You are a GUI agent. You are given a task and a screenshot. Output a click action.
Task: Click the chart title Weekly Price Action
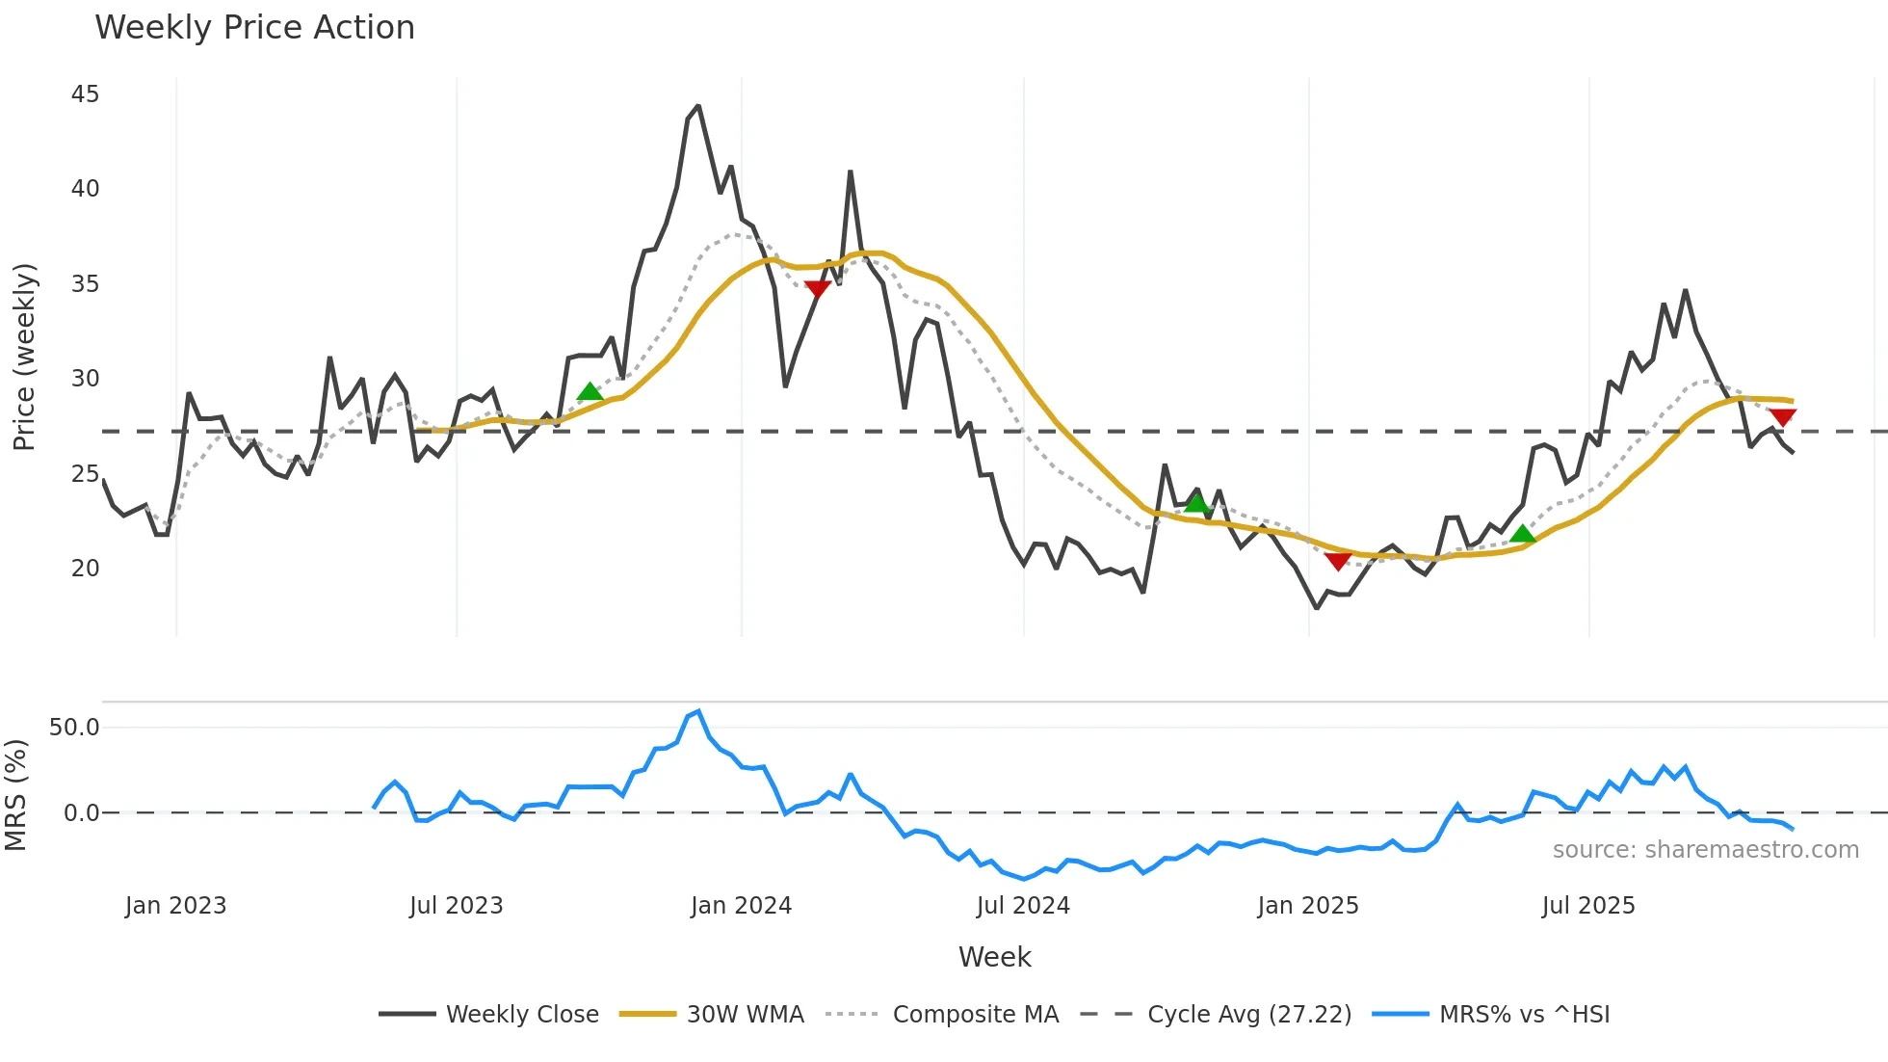pos(254,28)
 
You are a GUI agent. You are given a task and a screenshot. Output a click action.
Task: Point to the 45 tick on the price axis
pos(85,94)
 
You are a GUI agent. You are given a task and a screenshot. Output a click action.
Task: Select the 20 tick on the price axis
pos(85,569)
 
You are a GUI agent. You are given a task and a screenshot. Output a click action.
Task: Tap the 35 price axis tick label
pos(85,284)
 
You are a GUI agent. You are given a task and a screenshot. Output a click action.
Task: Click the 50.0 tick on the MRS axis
pos(74,728)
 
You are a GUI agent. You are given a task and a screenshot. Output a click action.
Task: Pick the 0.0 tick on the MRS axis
pos(81,813)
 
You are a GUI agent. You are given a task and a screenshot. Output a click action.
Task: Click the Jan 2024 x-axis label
pos(741,906)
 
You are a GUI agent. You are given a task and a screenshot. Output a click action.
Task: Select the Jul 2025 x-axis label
pos(1588,906)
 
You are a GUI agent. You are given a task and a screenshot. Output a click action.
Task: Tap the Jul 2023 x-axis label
pos(456,906)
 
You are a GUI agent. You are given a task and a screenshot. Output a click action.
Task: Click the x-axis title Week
pos(994,957)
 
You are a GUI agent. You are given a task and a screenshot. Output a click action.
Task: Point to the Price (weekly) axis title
pos(24,357)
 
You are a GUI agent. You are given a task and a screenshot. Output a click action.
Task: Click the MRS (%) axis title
pos(15,795)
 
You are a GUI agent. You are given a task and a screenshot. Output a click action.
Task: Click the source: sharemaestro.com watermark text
pos(1705,850)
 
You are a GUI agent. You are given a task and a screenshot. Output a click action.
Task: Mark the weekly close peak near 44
pos(698,106)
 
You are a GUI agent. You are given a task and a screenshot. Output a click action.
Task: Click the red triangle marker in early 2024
pos(817,289)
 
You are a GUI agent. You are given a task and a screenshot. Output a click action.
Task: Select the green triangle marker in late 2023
pos(590,392)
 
